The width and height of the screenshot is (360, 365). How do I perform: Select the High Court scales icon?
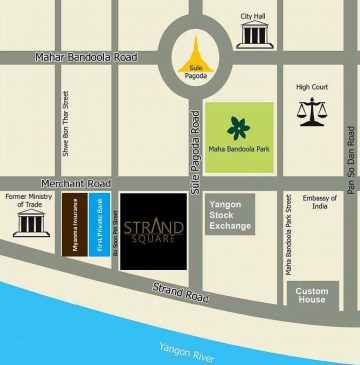[311, 111]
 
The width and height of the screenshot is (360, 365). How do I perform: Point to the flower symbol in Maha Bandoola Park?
[239, 128]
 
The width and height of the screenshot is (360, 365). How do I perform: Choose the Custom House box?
[312, 295]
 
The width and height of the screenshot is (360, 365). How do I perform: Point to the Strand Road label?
[181, 297]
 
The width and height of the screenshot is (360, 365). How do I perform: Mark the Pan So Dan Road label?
[350, 150]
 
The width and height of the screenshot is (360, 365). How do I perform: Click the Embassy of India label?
[320, 207]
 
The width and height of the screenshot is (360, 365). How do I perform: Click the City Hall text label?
[253, 15]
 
